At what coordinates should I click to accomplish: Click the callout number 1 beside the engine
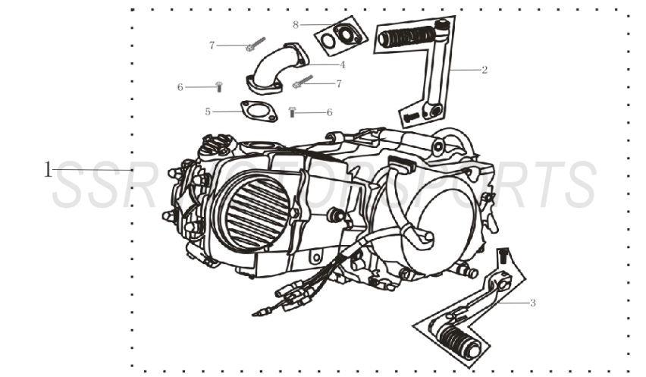(x=49, y=169)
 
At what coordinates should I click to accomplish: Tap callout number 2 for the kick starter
(x=484, y=70)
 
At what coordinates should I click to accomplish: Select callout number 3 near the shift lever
(x=532, y=303)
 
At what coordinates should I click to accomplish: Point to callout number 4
(x=342, y=64)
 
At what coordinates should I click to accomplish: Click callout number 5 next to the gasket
(x=208, y=112)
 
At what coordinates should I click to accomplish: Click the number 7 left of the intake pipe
(x=212, y=46)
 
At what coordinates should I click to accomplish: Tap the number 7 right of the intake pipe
(x=338, y=83)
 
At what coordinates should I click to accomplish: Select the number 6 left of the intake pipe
(x=180, y=87)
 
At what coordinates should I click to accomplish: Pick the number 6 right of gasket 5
(x=329, y=112)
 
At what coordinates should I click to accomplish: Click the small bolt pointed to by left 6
(x=219, y=86)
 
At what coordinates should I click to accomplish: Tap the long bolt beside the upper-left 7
(x=254, y=44)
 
